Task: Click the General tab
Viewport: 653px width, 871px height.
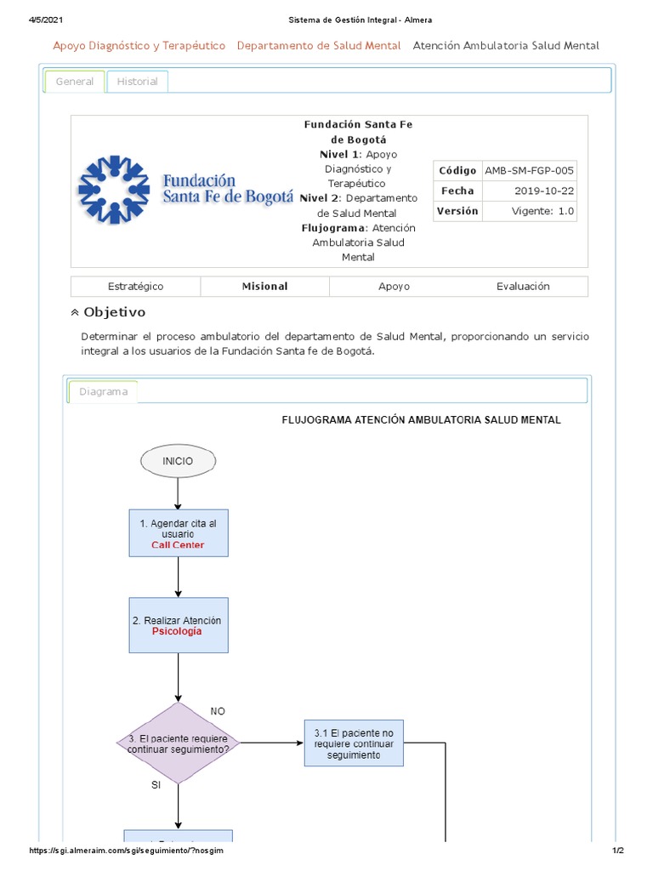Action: [75, 82]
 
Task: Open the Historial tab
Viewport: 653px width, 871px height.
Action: [137, 82]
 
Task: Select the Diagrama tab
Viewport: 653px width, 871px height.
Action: [103, 392]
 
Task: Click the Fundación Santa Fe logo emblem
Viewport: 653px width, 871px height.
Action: [114, 191]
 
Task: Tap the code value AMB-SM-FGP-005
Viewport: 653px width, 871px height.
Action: [530, 170]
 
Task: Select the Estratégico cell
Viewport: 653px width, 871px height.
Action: [136, 287]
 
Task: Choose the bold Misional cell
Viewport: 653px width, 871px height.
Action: [264, 287]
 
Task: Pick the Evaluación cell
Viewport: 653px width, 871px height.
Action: [523, 287]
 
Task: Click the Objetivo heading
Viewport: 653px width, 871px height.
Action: [114, 312]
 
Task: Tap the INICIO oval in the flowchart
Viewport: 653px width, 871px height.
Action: [179, 461]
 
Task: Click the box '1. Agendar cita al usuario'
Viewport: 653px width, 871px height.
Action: [179, 533]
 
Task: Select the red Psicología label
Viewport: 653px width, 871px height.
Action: [177, 632]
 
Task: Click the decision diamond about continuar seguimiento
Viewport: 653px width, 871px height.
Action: [179, 743]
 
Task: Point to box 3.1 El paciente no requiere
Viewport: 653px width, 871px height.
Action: [354, 743]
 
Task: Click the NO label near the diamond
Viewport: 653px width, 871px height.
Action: [218, 711]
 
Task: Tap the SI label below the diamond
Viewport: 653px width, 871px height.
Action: [156, 786]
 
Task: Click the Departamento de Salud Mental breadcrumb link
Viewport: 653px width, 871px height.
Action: [319, 46]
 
